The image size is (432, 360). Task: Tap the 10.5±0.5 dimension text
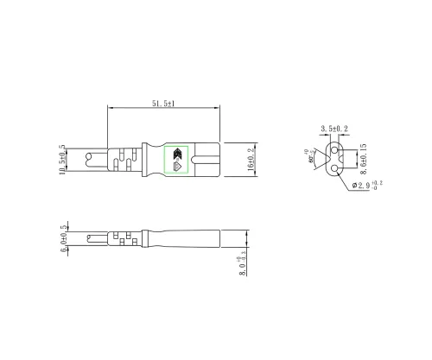[x=62, y=161]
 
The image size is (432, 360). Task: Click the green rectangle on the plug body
[x=176, y=161]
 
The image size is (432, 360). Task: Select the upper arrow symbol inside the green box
[x=176, y=154]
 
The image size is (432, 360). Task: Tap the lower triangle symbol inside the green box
[x=176, y=167]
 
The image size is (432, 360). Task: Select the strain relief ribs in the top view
[x=124, y=161]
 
